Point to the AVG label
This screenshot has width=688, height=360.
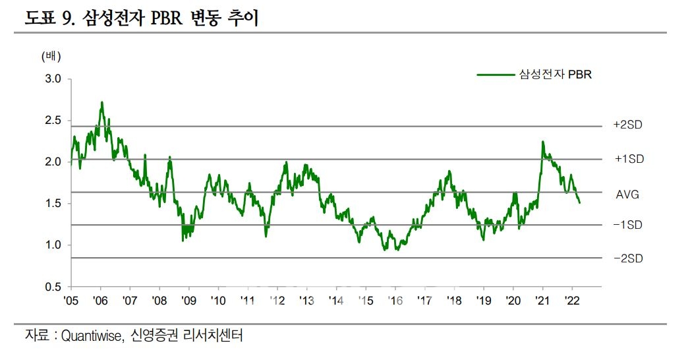click(x=627, y=195)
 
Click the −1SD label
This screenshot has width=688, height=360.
click(x=627, y=225)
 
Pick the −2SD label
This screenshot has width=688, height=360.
click(x=627, y=258)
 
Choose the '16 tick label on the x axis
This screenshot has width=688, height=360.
click(x=395, y=301)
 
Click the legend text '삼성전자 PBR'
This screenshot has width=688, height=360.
click(x=556, y=75)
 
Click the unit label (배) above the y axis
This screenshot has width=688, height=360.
click(x=51, y=56)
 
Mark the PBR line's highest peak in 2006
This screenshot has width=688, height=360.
click(x=102, y=102)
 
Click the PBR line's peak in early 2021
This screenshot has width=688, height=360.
click(x=542, y=142)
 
